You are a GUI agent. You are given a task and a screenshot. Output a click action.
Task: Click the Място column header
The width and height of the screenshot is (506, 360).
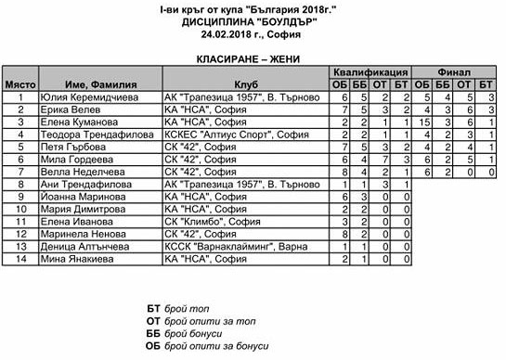19,84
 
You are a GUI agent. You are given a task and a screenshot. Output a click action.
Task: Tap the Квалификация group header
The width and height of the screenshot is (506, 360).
372,71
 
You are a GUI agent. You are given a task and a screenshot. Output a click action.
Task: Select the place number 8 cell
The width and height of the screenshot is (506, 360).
19,184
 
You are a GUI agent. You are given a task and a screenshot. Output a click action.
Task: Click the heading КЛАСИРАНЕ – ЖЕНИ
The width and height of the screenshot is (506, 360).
253,57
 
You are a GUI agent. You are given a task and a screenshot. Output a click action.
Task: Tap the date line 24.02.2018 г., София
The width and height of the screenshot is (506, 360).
253,34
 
